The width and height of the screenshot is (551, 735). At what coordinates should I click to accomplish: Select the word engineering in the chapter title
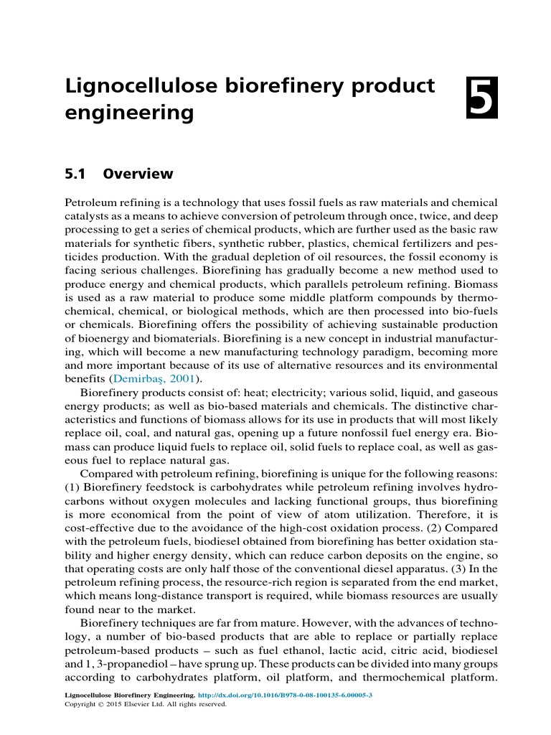[130, 113]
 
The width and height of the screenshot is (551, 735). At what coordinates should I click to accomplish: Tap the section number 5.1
[76, 174]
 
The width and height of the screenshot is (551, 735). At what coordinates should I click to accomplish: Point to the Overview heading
[138, 174]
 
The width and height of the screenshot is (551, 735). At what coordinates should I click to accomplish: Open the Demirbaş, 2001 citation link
[156, 378]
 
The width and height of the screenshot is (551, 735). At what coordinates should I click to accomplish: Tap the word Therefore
[430, 514]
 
